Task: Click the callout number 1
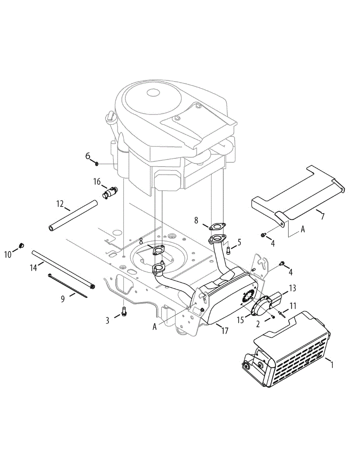click(332, 365)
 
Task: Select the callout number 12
click(60, 203)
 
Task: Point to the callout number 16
click(97, 181)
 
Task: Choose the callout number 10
click(8, 254)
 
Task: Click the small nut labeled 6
click(96, 164)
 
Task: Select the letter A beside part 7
click(303, 230)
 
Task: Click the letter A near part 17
click(155, 327)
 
